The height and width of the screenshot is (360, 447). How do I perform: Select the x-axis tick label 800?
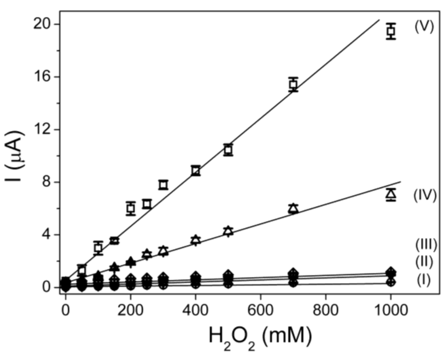coord(325,309)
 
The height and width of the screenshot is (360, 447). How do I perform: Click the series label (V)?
coord(423,27)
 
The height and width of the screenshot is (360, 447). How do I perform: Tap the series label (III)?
coord(426,243)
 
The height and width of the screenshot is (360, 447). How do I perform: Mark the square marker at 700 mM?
coord(293,84)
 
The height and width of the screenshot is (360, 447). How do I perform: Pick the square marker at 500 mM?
coord(228,150)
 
